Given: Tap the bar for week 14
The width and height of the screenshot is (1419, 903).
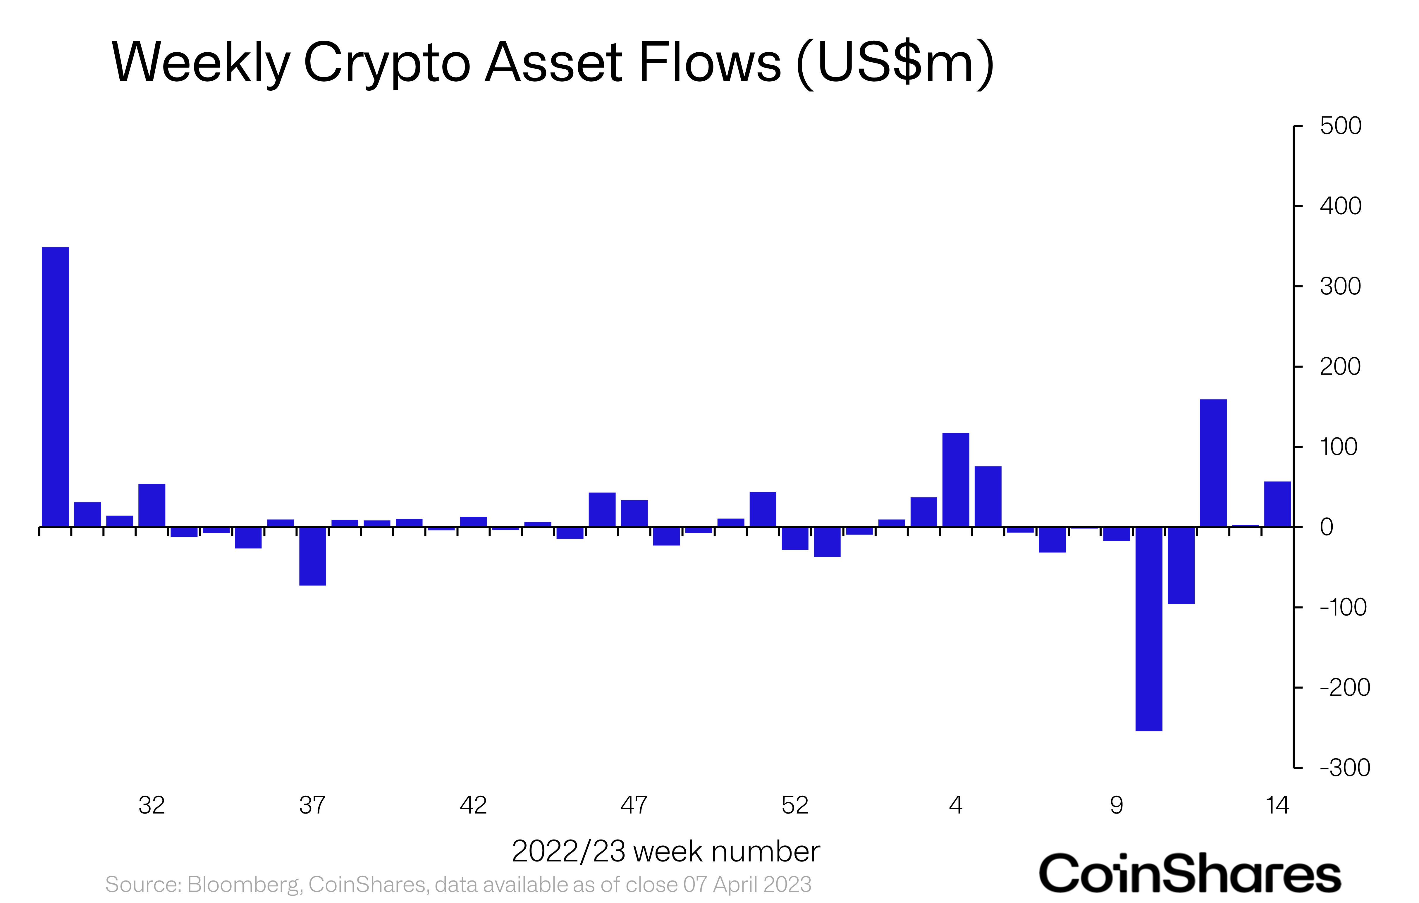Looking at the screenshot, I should click(x=1277, y=504).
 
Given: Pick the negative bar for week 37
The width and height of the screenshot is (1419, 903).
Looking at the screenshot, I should click(x=312, y=556).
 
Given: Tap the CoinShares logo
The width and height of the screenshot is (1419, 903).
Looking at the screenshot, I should click(x=1189, y=873).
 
